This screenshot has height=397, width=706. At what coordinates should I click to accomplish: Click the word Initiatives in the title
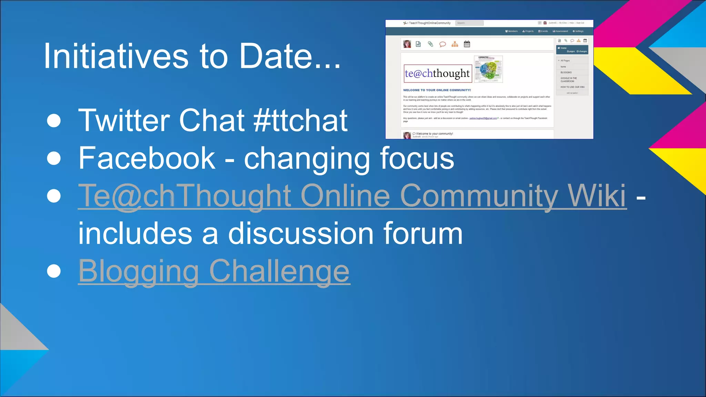click(115, 56)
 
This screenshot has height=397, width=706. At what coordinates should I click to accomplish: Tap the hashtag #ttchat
click(300, 120)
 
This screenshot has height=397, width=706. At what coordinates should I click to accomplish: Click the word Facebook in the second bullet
click(147, 158)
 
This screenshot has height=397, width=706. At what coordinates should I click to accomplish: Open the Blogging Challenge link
click(214, 271)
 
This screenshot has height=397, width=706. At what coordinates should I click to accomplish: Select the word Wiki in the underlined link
click(597, 196)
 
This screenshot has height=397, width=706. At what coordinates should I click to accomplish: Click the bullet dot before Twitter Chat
click(54, 121)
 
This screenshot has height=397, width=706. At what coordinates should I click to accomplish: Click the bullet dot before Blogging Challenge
click(54, 271)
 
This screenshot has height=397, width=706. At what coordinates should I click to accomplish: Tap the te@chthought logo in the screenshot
click(437, 73)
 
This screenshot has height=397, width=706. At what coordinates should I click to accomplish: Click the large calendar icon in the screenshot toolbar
click(467, 44)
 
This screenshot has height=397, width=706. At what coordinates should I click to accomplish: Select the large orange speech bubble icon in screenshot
click(443, 44)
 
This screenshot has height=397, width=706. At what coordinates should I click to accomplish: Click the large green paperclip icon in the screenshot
click(430, 44)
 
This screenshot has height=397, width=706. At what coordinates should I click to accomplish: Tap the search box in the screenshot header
click(469, 23)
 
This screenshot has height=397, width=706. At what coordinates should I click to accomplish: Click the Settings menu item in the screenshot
click(578, 31)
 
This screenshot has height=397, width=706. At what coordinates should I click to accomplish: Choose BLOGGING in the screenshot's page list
click(566, 72)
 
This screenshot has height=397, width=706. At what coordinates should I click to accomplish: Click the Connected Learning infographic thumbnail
click(488, 69)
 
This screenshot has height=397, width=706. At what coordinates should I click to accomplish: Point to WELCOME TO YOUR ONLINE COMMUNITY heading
click(437, 90)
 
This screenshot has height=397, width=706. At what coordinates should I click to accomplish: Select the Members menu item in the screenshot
click(512, 31)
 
